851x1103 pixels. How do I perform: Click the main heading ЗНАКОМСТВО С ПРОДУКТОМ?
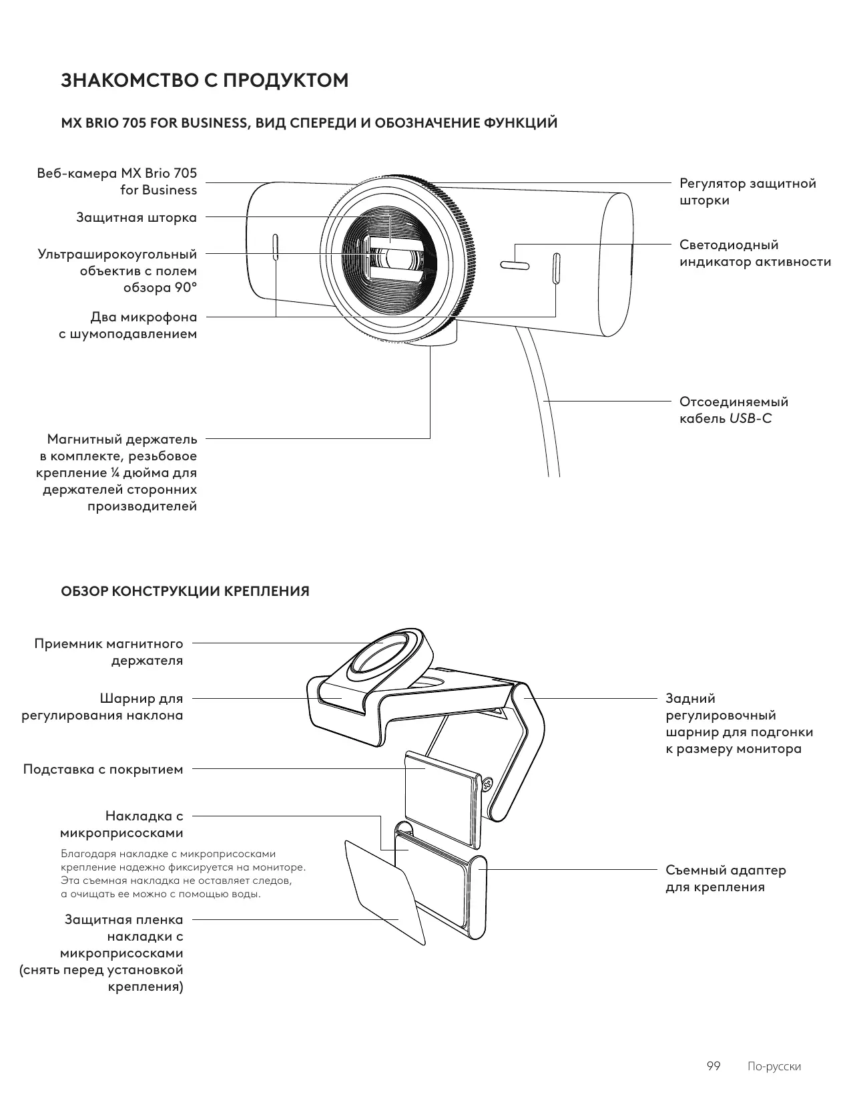205,80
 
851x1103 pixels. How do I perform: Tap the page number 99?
713,1066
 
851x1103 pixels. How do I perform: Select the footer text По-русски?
774,1066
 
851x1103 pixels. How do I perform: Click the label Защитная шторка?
136,217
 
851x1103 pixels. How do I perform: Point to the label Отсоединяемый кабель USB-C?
733,410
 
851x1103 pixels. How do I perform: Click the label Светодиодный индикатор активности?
755,253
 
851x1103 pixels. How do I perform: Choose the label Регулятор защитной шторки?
748,192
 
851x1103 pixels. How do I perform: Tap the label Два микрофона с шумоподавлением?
128,325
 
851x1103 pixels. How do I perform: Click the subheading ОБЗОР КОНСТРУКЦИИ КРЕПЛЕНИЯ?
185,591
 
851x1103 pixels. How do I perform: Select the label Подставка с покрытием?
103,769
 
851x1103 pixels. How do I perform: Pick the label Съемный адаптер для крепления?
726,879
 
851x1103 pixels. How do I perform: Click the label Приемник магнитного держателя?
109,652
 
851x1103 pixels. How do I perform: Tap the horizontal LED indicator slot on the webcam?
515,266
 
